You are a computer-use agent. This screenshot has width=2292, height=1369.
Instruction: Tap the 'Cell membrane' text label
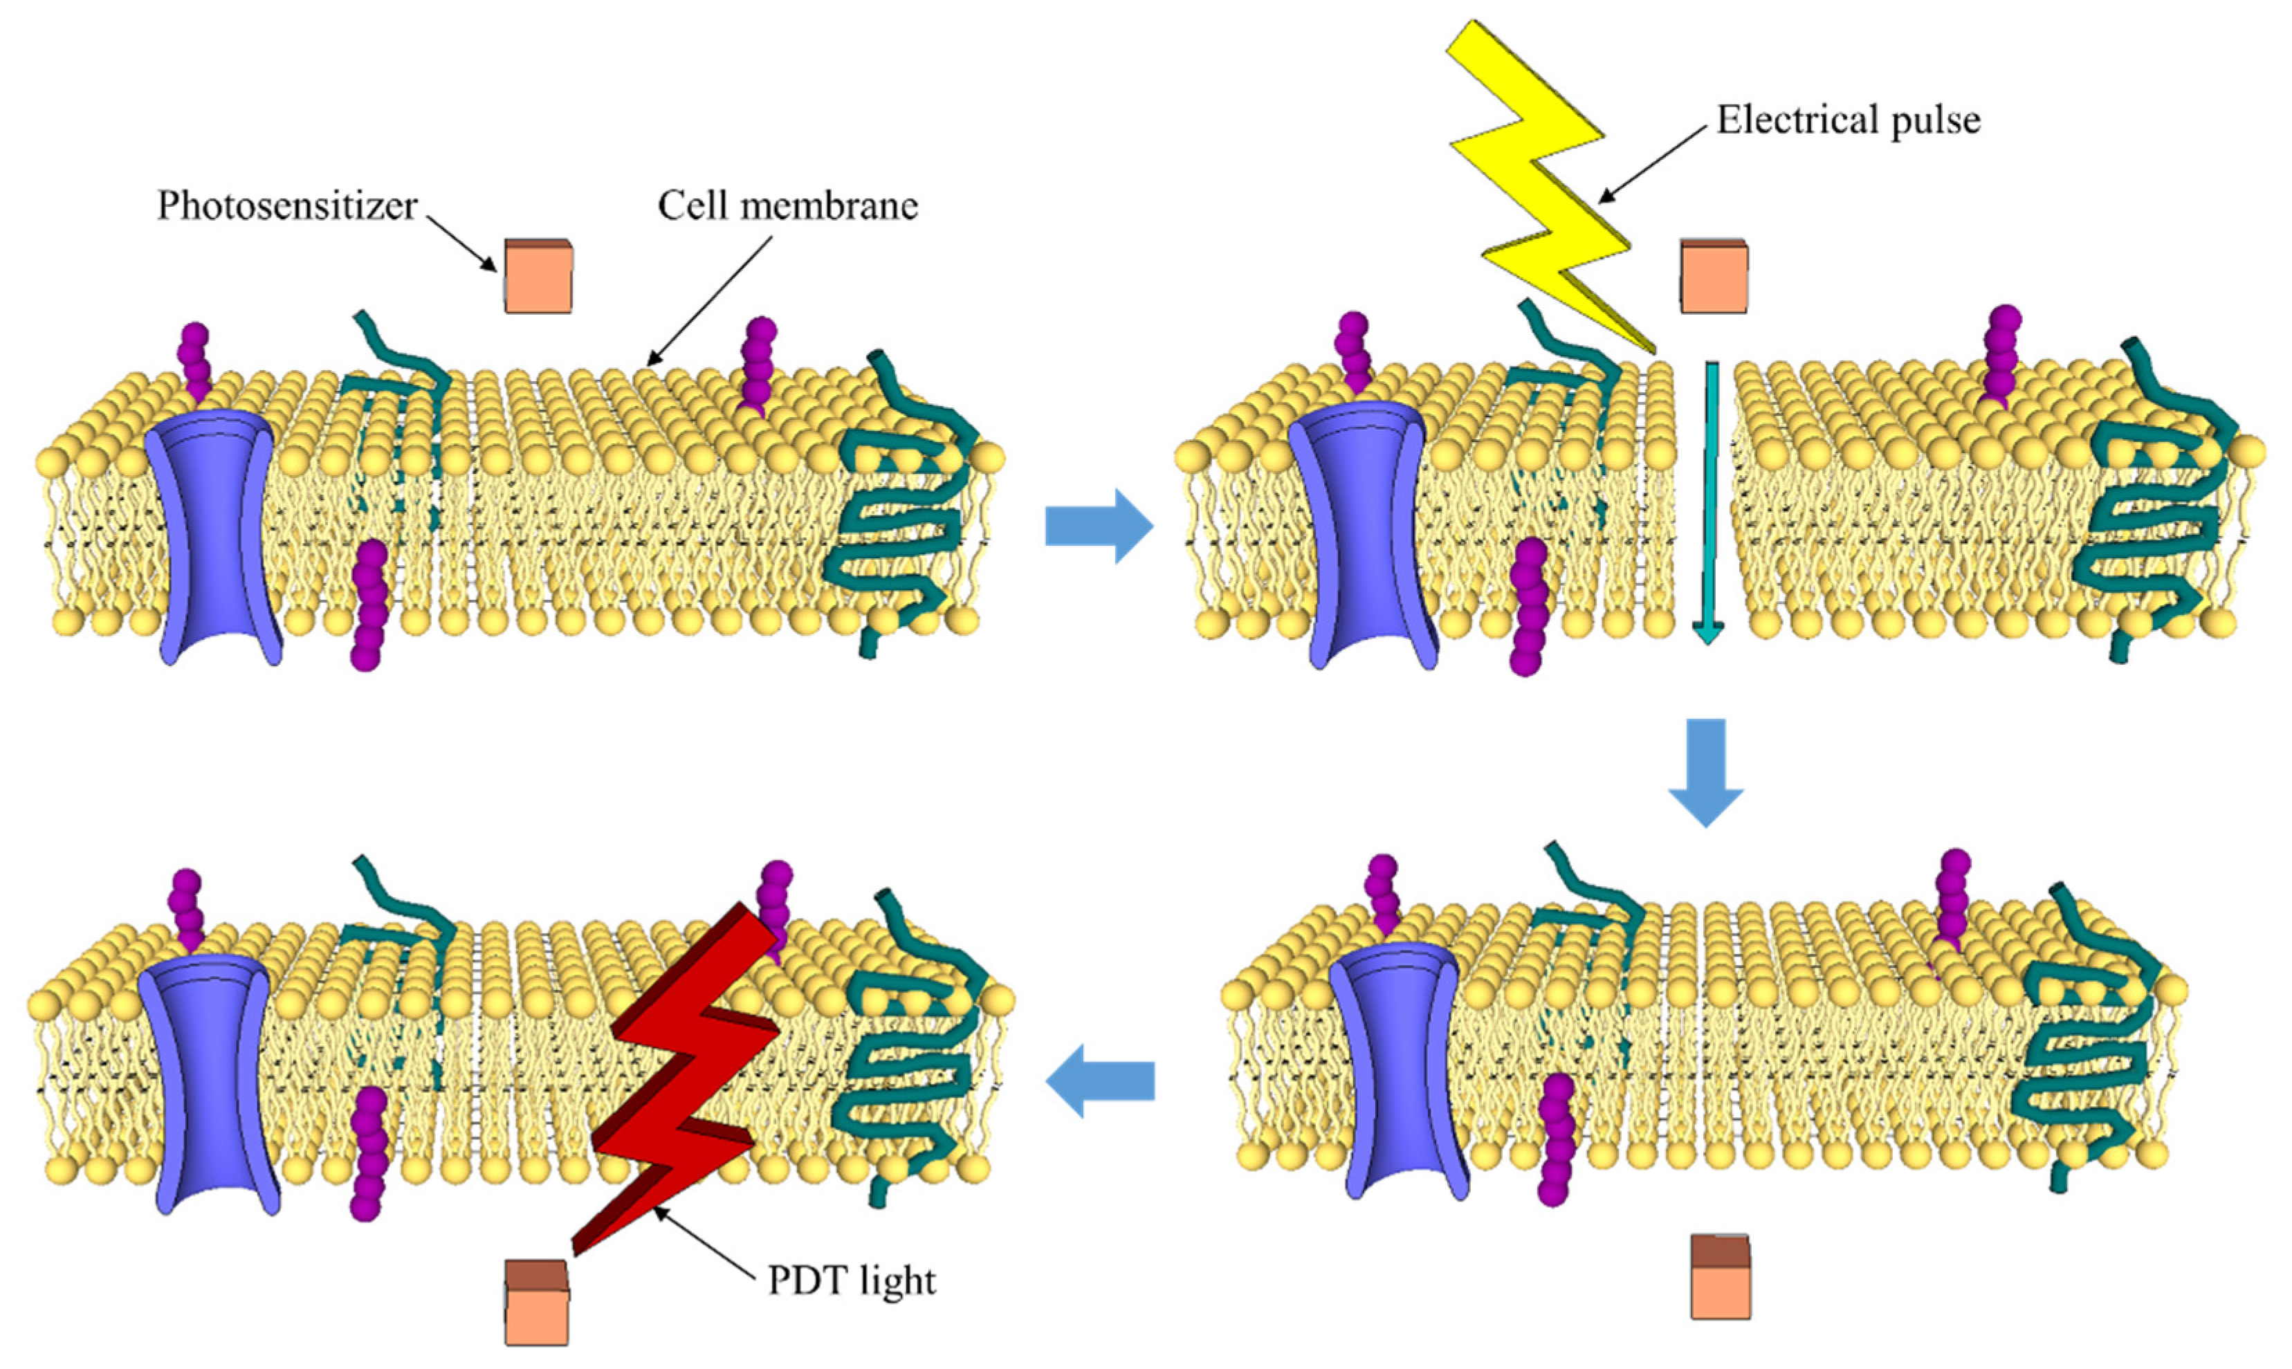[x=788, y=205]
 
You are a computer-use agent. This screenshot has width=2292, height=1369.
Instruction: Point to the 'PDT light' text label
[x=852, y=1281]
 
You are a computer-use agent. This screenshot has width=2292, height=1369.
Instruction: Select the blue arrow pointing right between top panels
[x=1099, y=526]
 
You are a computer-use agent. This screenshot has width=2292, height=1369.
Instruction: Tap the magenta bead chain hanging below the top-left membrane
[x=369, y=604]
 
